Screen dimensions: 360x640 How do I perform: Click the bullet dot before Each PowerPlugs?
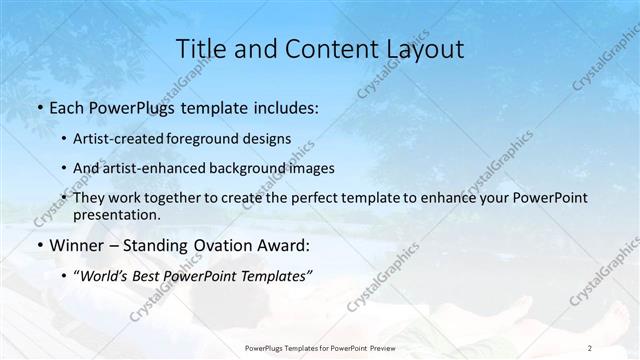[39, 108]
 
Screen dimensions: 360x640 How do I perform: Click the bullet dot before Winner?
[39, 246]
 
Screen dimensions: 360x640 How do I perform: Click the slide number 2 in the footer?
[590, 347]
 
